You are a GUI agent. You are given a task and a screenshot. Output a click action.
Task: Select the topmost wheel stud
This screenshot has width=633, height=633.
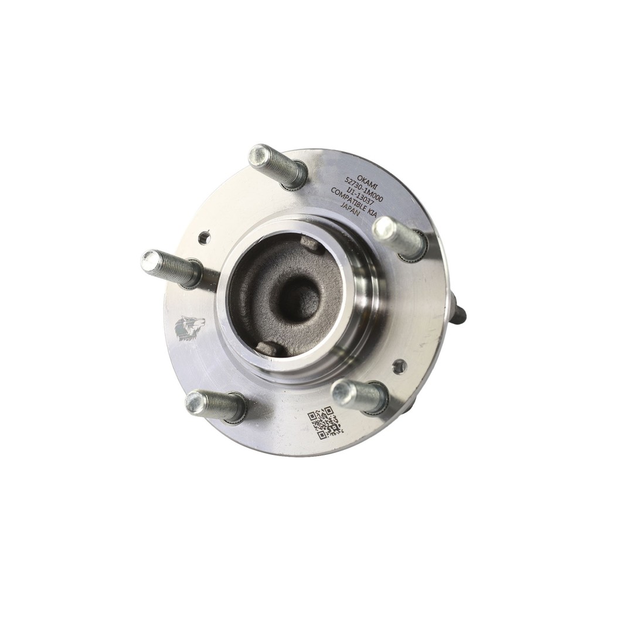[277, 165]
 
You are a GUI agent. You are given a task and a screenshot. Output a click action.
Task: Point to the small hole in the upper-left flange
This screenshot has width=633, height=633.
[204, 237]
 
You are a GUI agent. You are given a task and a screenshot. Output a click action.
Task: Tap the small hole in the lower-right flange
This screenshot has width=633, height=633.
[399, 367]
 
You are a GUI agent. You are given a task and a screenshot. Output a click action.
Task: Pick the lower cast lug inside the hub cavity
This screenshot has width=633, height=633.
[267, 349]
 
